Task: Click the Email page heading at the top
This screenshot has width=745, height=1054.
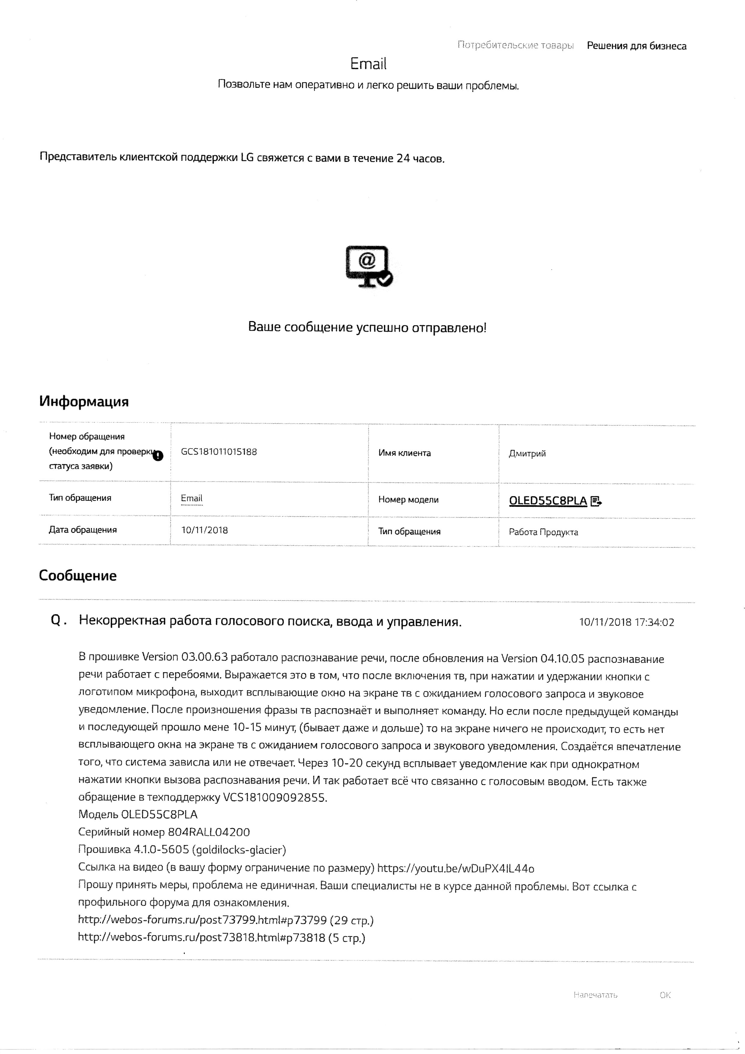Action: pyautogui.click(x=368, y=64)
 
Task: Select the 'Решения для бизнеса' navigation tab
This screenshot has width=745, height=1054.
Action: pyautogui.click(x=636, y=46)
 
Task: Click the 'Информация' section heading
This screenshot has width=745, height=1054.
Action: pyautogui.click(x=83, y=402)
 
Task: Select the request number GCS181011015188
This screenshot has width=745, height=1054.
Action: pyautogui.click(x=219, y=452)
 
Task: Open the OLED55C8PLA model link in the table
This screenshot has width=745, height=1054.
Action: pyautogui.click(x=548, y=501)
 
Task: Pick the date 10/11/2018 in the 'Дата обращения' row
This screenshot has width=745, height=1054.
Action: pyautogui.click(x=204, y=530)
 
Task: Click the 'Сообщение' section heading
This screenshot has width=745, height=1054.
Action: pyautogui.click(x=77, y=576)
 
